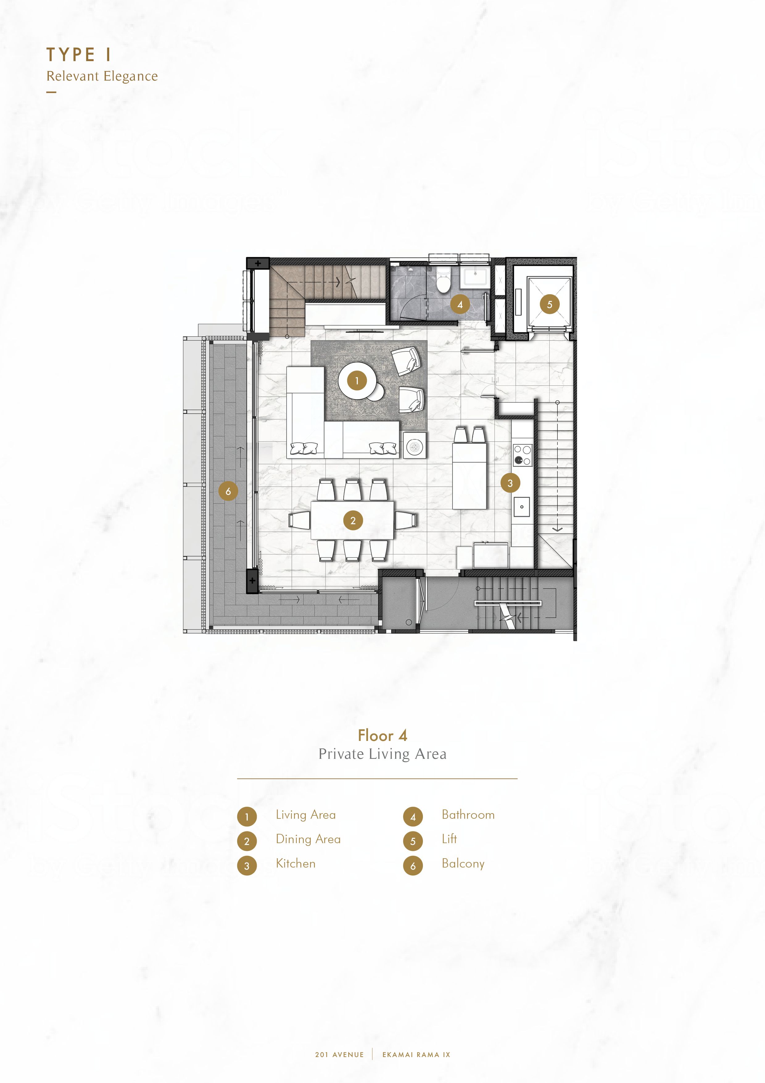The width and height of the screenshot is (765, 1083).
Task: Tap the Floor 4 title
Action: click(382, 735)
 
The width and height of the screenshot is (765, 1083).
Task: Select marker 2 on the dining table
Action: click(353, 521)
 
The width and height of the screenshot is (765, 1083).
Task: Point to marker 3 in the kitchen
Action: click(510, 483)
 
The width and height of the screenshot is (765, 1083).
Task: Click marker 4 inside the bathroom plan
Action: click(460, 304)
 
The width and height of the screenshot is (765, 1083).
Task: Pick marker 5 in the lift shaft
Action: click(549, 304)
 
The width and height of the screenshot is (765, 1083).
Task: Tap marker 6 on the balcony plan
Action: click(228, 491)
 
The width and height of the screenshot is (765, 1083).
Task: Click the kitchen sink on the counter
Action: click(521, 507)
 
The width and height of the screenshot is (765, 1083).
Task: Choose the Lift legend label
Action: click(449, 839)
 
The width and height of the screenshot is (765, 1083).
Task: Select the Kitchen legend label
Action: click(296, 863)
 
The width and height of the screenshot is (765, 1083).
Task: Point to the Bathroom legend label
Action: click(468, 815)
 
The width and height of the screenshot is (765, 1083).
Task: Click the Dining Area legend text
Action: click(308, 839)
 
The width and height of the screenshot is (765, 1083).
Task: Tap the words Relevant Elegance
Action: click(102, 77)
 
